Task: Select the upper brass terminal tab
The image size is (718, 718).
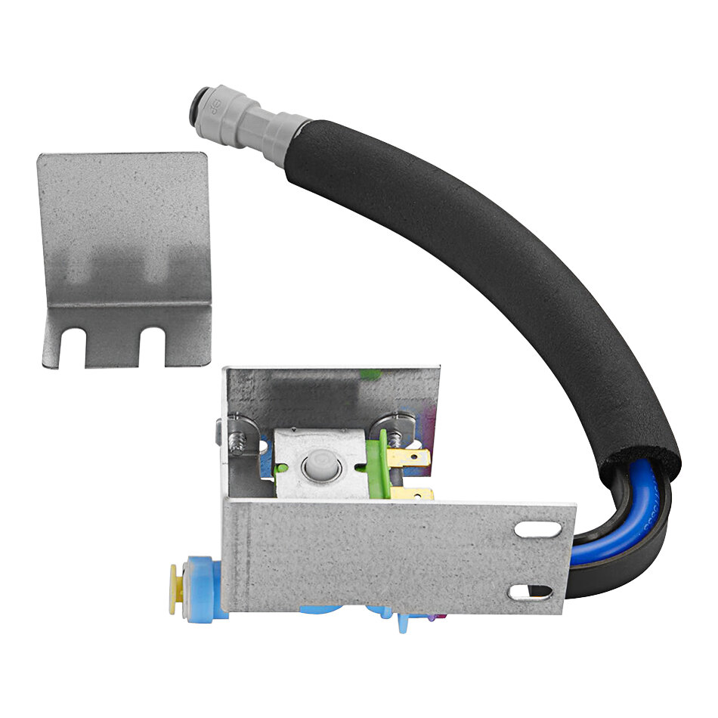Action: coord(413,457)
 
